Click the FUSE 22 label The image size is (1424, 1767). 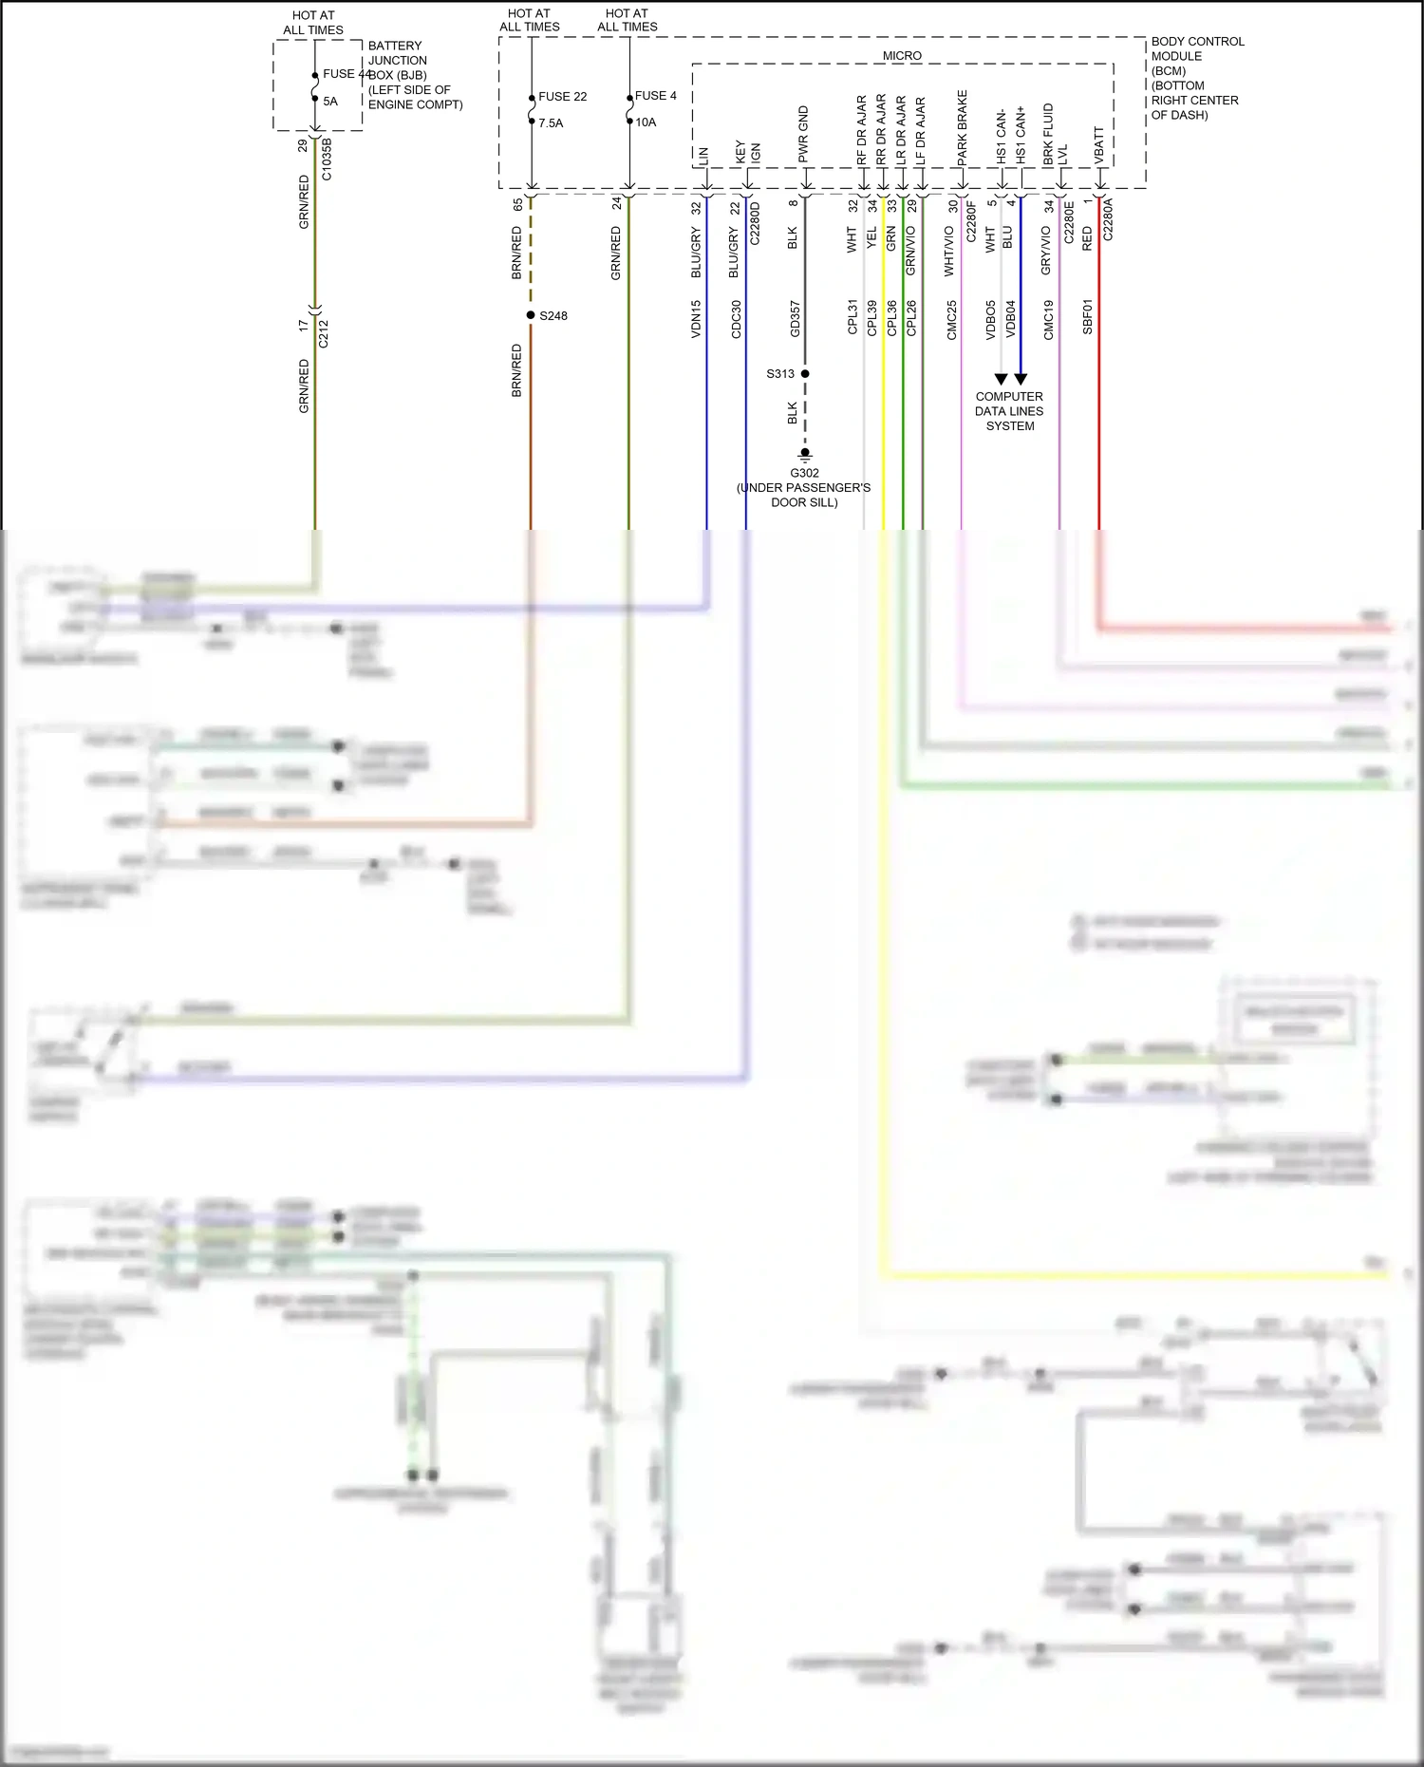562,97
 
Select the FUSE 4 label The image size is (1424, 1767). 655,96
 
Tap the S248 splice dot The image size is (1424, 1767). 531,315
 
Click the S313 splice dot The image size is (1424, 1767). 805,374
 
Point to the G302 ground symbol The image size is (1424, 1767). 805,454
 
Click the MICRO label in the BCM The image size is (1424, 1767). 902,56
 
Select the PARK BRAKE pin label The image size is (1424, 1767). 963,128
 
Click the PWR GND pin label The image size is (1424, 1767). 804,134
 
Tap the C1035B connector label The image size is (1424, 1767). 327,160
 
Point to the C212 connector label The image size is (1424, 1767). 324,333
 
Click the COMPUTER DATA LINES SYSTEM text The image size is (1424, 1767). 1009,411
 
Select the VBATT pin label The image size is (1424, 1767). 1099,145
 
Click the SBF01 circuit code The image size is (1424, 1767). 1088,317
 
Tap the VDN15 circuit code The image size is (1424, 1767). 696,319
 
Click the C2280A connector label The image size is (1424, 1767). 1109,219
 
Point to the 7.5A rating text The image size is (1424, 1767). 551,123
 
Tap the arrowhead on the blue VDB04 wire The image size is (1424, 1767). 1021,379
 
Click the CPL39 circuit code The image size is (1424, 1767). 871,318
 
